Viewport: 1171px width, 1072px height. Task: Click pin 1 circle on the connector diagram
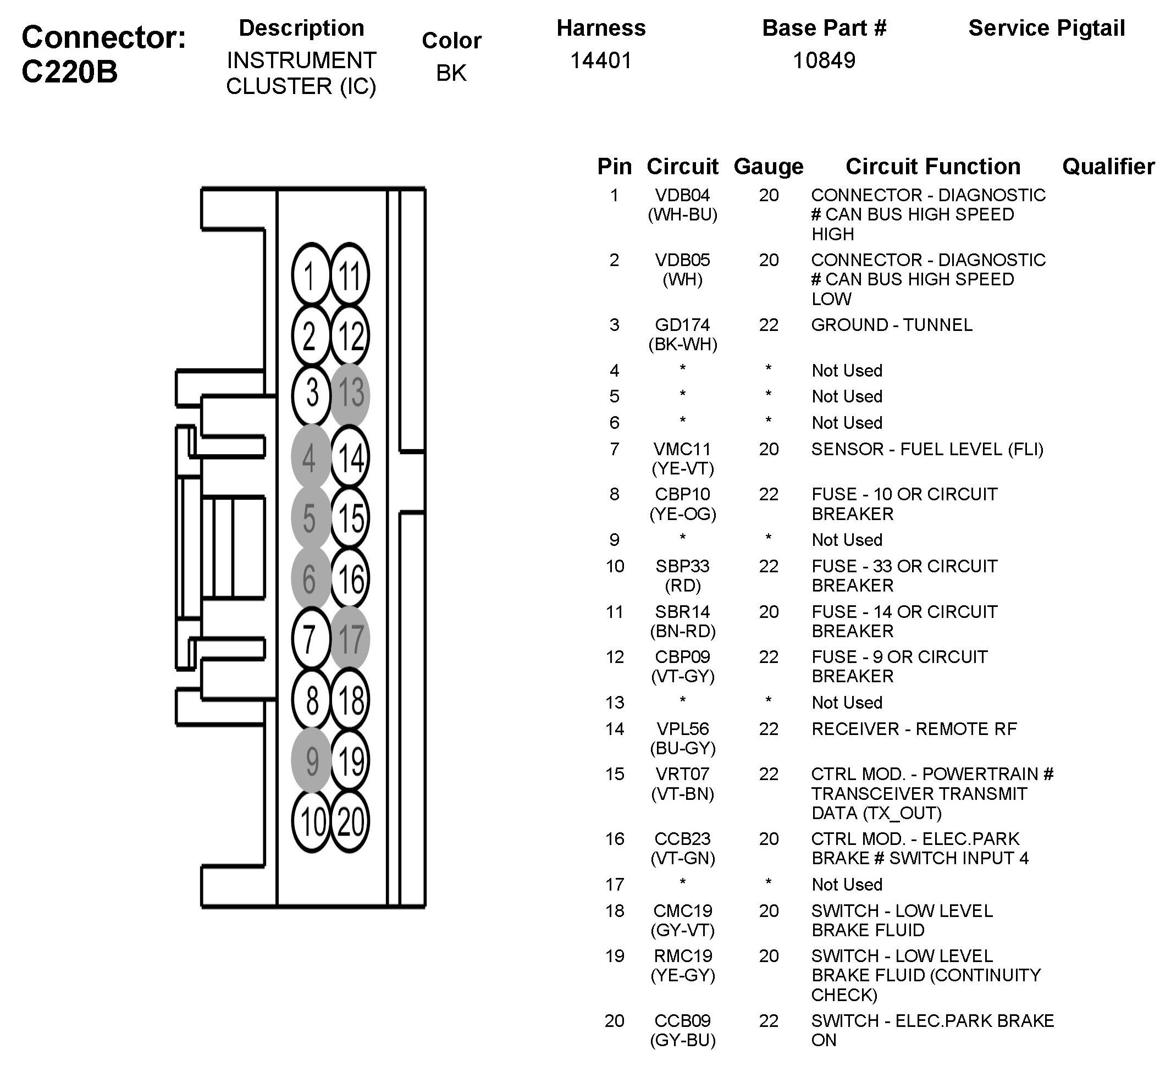311,275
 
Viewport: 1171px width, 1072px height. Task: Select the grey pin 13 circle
350,394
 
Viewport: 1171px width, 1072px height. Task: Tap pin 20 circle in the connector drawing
350,821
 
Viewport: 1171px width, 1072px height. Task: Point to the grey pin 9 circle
311,760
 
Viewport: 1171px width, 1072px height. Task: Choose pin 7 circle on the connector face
311,639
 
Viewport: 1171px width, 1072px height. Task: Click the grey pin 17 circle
350,639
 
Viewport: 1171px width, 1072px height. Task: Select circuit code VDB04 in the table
682,195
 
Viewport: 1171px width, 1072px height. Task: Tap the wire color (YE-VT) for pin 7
682,468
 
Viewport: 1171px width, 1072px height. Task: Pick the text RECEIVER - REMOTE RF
914,729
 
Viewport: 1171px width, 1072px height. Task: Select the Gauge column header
769,167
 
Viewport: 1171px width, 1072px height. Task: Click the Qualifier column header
1108,167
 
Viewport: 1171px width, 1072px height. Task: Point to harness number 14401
600,60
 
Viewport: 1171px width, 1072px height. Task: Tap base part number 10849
824,60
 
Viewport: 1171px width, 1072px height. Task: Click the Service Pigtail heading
1047,28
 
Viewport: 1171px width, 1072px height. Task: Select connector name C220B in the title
70,72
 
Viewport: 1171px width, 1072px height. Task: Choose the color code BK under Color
451,73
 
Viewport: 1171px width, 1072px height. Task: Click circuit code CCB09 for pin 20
682,1020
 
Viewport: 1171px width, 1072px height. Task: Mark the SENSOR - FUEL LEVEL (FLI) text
927,449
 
